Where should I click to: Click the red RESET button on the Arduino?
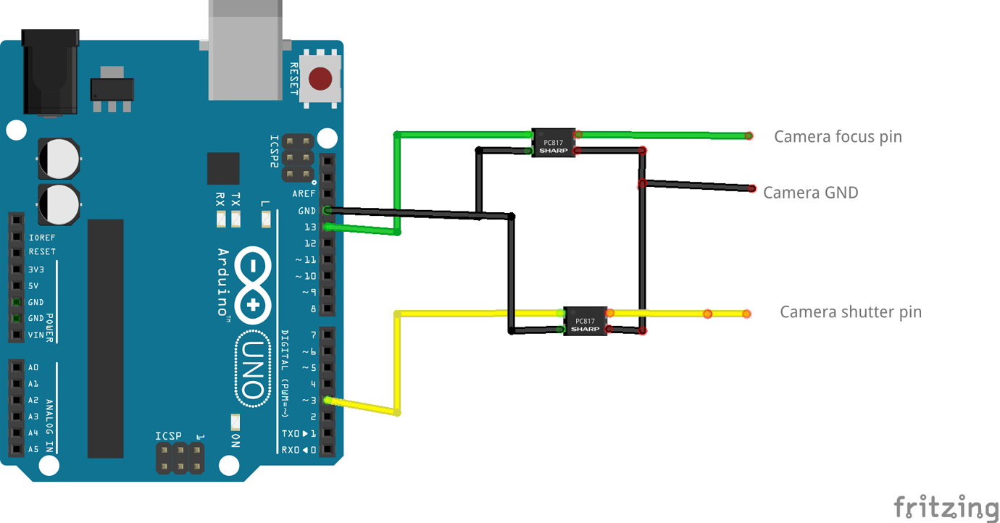point(321,78)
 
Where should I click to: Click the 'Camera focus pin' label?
point(838,136)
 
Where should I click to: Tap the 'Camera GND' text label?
point(810,193)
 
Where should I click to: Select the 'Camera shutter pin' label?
point(850,312)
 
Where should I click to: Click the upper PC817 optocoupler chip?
point(554,142)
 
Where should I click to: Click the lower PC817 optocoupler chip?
point(586,321)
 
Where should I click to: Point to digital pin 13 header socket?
point(328,227)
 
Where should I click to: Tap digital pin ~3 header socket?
point(328,400)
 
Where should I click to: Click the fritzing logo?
point(945,506)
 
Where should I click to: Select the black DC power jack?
point(50,72)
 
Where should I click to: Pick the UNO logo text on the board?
point(252,369)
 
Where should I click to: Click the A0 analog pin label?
point(33,367)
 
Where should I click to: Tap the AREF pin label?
point(304,193)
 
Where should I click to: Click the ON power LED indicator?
point(235,422)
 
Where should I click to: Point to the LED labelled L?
point(266,217)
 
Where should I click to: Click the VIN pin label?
point(36,335)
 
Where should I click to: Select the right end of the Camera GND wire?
point(752,188)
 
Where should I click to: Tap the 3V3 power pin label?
point(36,269)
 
